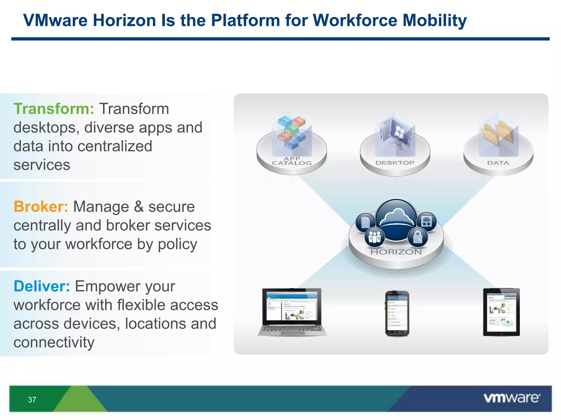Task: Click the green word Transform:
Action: click(54, 109)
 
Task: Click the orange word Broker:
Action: click(41, 207)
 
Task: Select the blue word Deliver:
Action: click(42, 286)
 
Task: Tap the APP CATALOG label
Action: click(292, 161)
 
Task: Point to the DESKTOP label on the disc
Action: click(395, 163)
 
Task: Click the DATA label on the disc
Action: click(498, 163)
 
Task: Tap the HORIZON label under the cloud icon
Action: click(396, 252)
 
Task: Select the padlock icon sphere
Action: click(417, 237)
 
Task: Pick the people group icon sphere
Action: click(374, 237)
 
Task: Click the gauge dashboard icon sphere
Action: click(427, 221)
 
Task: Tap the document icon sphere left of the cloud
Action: click(365, 222)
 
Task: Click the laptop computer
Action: click(292, 312)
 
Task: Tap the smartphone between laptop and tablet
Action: click(397, 314)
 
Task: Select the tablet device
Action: click(501, 312)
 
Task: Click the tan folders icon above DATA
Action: click(498, 132)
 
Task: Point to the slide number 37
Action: click(32, 400)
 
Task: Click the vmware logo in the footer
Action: click(512, 398)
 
